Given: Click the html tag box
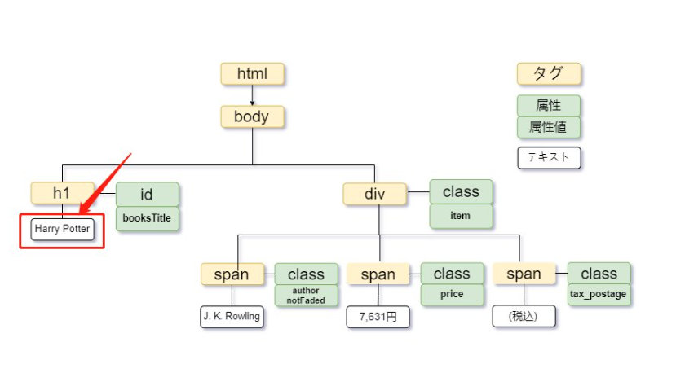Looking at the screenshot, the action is (252, 73).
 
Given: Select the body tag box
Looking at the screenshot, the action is (252, 116).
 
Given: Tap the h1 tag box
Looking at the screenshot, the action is (62, 193).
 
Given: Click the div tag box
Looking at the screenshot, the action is (374, 194).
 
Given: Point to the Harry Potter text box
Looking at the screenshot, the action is (63, 229).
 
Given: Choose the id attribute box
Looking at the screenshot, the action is (147, 195).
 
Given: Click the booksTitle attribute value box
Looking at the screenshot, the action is (147, 218).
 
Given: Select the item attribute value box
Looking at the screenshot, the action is (461, 216).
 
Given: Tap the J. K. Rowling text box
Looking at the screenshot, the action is (232, 317).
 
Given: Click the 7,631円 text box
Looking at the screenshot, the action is (378, 317).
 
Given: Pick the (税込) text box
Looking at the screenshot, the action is (524, 317).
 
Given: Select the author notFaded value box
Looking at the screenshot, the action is (306, 296).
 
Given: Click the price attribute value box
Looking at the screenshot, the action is (453, 295).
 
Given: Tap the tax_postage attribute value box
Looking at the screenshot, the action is (599, 295).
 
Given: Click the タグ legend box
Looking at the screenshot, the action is (549, 73).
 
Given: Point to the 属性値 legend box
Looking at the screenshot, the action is (549, 127).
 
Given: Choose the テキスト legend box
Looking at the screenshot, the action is (549, 158).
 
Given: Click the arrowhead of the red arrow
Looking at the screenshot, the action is (81, 213).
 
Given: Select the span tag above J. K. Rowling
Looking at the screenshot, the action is (232, 274).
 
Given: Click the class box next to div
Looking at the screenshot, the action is (461, 192).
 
